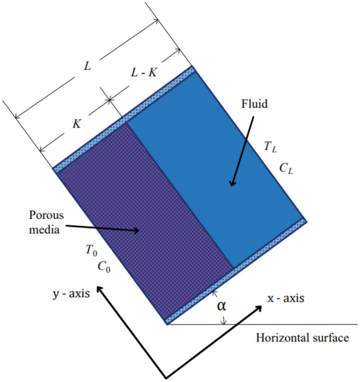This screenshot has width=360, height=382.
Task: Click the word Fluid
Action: click(x=254, y=103)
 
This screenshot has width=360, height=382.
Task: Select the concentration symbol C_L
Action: click(x=287, y=170)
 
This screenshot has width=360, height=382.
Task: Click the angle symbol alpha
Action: click(x=222, y=306)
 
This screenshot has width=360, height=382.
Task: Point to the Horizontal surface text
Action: click(x=302, y=338)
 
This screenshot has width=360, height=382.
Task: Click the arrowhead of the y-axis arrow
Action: click(x=98, y=289)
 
